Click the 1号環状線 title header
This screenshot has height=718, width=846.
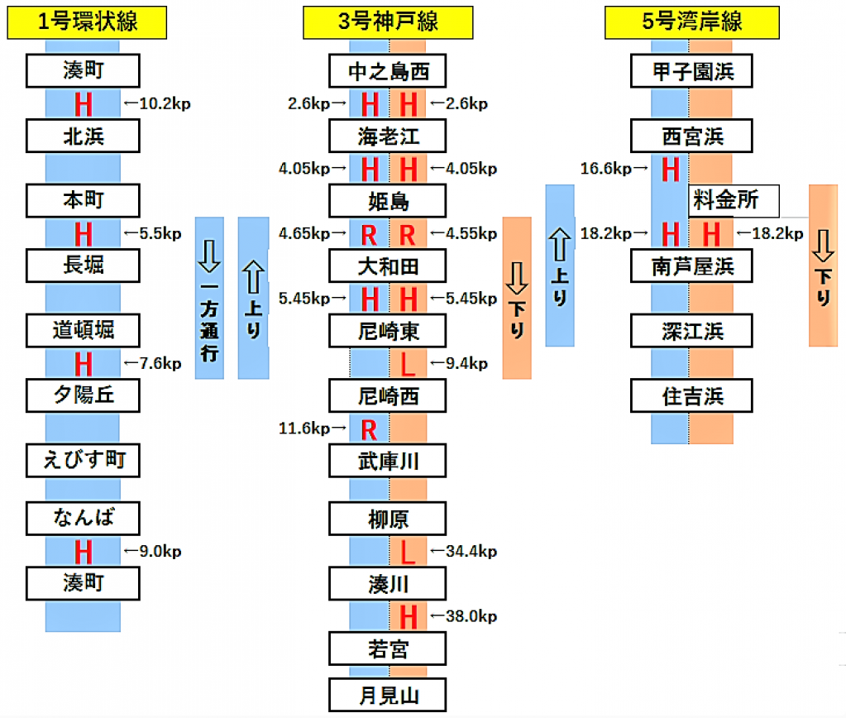pos(87,22)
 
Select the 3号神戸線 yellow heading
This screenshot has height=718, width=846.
pos(387,22)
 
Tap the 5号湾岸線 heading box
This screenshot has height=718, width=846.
pos(692,22)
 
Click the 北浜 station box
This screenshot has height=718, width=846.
pos(83,136)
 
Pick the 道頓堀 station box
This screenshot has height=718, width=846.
pos(83,331)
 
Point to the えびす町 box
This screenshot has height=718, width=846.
pos(83,459)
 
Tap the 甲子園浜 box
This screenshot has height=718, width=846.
pos(692,71)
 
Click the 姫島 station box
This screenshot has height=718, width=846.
pos(388,201)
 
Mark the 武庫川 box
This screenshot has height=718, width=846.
pos(388,461)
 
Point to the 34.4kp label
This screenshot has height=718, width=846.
pos(463,551)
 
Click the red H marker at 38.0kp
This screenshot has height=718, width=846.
pos(408,616)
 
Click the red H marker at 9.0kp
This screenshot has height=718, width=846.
pos(83,551)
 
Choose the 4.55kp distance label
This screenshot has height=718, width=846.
pos(463,234)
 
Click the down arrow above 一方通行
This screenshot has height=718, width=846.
pos(208,257)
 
